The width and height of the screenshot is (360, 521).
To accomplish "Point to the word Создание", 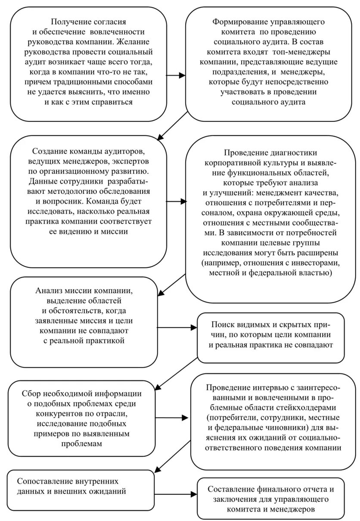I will (x=49, y=152).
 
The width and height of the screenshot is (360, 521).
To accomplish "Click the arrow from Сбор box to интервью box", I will (x=172, y=417).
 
